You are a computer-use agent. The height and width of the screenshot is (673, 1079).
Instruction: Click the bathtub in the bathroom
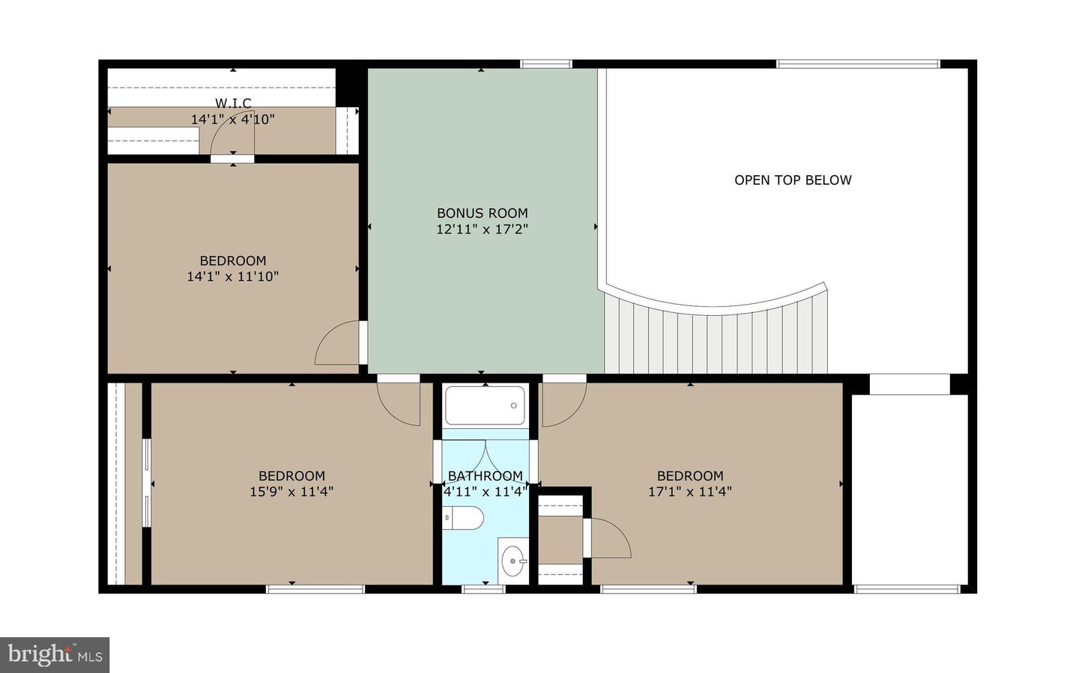tap(486, 406)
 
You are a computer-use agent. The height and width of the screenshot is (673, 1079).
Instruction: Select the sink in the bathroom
tap(514, 560)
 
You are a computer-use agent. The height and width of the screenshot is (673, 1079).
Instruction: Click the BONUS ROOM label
tap(482, 213)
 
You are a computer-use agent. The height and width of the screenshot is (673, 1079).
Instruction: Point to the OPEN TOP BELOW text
tap(793, 180)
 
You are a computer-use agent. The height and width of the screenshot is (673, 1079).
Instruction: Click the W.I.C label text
tap(233, 103)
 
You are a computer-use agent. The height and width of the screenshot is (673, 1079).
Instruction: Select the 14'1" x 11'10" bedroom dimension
tap(232, 277)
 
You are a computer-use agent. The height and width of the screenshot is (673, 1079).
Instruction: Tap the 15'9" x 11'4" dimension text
tap(291, 492)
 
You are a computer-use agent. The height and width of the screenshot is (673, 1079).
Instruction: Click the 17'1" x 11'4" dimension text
tap(689, 492)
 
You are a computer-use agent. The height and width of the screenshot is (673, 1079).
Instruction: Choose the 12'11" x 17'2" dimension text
tap(482, 230)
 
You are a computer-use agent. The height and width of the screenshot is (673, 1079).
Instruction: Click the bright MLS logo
tap(55, 655)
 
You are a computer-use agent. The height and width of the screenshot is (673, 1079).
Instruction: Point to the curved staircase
tap(716, 337)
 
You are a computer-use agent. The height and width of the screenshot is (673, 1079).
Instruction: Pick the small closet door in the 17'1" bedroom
tap(608, 538)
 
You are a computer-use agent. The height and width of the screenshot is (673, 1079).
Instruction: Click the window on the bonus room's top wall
tap(546, 64)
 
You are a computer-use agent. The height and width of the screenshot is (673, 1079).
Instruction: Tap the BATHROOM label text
tap(485, 476)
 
